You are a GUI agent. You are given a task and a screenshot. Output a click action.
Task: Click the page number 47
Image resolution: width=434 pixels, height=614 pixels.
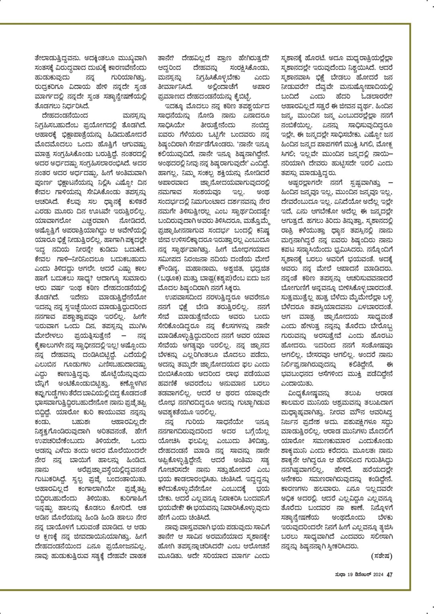[389, 575]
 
